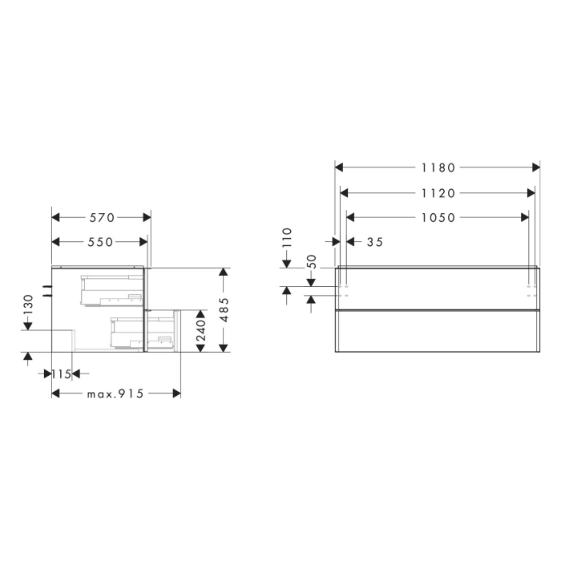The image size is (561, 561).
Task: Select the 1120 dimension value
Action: point(438,193)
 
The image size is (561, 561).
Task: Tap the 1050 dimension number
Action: point(438,217)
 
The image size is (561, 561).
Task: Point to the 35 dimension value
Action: point(374,241)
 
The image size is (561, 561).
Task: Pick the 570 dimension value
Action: point(101,217)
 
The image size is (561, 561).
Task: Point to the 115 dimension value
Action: point(62,373)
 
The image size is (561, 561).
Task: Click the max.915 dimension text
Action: point(115,394)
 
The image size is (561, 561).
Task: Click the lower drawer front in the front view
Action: point(437,330)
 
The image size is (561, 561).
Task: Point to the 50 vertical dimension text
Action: point(313,262)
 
